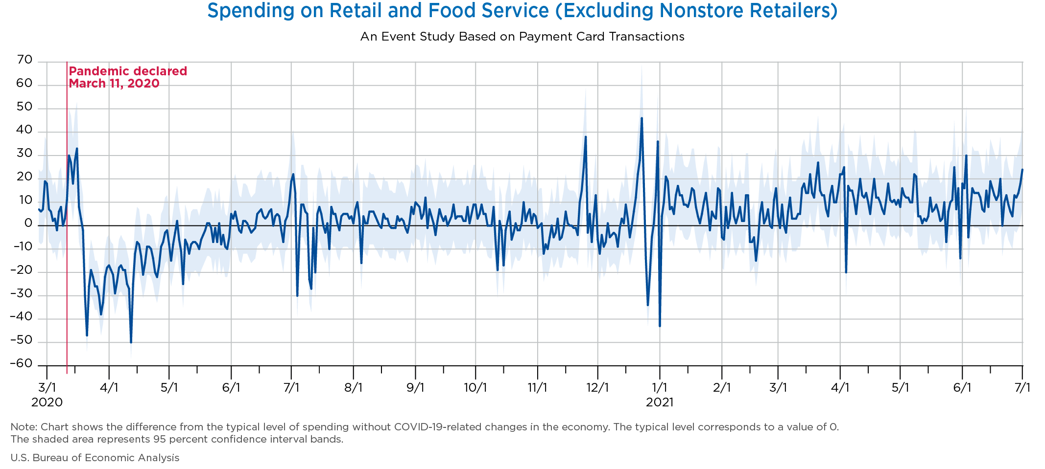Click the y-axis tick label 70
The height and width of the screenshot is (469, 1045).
click(x=24, y=60)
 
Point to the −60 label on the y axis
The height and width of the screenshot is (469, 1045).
click(x=21, y=364)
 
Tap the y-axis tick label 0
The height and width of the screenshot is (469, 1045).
click(x=28, y=224)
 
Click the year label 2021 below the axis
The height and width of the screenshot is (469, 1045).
click(x=660, y=402)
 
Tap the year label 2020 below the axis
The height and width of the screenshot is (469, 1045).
click(x=47, y=402)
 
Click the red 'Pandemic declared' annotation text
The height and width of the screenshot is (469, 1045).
click(x=128, y=71)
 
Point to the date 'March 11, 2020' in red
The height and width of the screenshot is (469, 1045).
click(x=114, y=84)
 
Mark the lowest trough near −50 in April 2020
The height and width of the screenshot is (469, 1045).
click(x=131, y=342)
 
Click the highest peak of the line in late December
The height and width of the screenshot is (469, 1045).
click(x=641, y=118)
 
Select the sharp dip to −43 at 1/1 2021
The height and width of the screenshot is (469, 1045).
click(x=660, y=326)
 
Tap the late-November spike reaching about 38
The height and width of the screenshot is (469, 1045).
click(x=586, y=137)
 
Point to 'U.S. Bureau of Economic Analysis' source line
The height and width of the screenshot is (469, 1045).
click(x=95, y=458)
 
